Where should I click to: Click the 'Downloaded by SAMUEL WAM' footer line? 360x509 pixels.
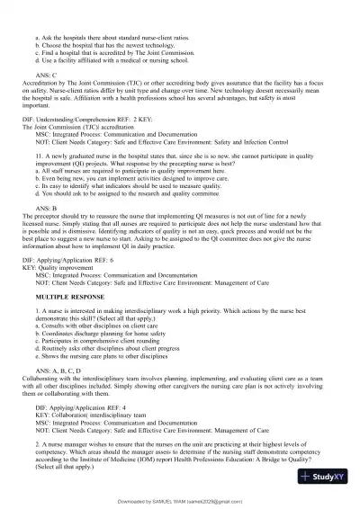point(180,501)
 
